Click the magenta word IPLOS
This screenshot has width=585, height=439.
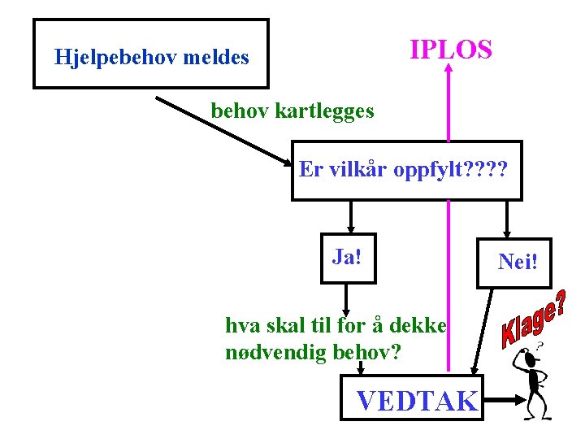coord(451,50)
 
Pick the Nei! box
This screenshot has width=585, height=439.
coord(524,263)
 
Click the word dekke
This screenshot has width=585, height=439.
coord(419,326)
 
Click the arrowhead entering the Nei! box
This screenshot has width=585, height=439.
coord(508,233)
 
